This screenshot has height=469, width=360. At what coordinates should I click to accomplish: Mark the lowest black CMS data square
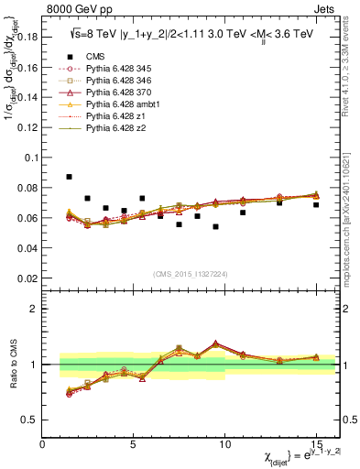(215, 226)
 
